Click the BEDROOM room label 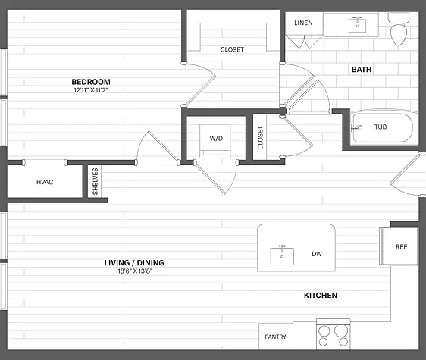click(91, 82)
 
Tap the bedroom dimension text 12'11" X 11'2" click(91, 90)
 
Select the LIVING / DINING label click(134, 263)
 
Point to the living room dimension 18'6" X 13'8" click(135, 271)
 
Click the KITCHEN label click(321, 296)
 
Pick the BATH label click(362, 70)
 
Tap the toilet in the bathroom click(399, 29)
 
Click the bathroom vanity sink click(358, 25)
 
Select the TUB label click(381, 127)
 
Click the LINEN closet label click(303, 23)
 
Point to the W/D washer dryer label click(216, 138)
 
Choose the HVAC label click(45, 182)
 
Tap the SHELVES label click(95, 181)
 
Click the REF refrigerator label click(401, 247)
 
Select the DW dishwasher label click(317, 254)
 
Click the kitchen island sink click(282, 255)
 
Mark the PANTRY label click(275, 337)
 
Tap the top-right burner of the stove click(341, 330)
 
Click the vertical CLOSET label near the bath click(260, 138)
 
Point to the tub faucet click(356, 127)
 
